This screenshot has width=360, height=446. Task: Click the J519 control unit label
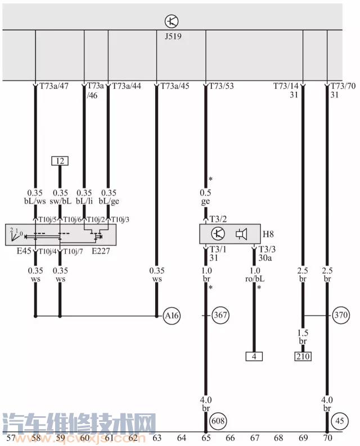pos(172,34)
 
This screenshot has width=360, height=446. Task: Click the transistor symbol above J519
pos(172,21)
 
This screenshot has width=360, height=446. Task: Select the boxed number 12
pos(60,161)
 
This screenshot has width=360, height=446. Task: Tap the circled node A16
pos(172,316)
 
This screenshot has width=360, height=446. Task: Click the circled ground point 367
pos(220,316)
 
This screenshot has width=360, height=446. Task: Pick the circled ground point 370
pos(341,316)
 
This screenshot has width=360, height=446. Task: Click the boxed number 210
pos(303,356)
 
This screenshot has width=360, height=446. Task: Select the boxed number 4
pos(254,356)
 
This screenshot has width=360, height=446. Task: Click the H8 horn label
pos(268,233)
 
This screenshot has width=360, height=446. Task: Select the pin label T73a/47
pos(54,86)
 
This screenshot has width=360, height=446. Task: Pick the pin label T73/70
pos(343,86)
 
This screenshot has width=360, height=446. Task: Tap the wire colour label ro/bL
pos(254,278)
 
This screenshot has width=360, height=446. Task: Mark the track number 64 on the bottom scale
pos(181,437)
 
